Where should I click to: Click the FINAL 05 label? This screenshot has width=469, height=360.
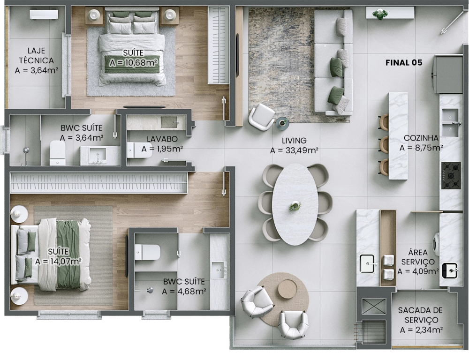click(x=404, y=62)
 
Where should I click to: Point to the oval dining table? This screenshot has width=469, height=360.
click(x=295, y=204)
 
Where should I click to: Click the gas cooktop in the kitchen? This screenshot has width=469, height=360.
click(x=451, y=175)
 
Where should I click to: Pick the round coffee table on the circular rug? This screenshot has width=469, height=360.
click(x=287, y=289)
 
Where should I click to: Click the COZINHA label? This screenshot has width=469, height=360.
click(x=421, y=138)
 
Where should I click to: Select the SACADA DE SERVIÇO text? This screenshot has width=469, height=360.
click(x=420, y=315)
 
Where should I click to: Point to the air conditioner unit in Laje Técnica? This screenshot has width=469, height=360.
click(x=44, y=15)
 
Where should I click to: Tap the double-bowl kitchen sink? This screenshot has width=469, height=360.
click(x=450, y=123)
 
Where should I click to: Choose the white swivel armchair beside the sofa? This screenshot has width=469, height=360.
click(x=261, y=117)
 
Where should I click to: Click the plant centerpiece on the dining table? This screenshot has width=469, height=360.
click(x=295, y=206)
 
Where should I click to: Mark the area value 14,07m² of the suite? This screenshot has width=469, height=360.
click(x=58, y=262)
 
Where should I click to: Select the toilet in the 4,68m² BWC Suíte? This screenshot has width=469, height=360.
click(x=147, y=252)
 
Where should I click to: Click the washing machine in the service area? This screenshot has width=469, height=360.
click(x=436, y=244)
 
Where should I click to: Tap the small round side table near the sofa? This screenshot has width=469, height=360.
click(x=282, y=123)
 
